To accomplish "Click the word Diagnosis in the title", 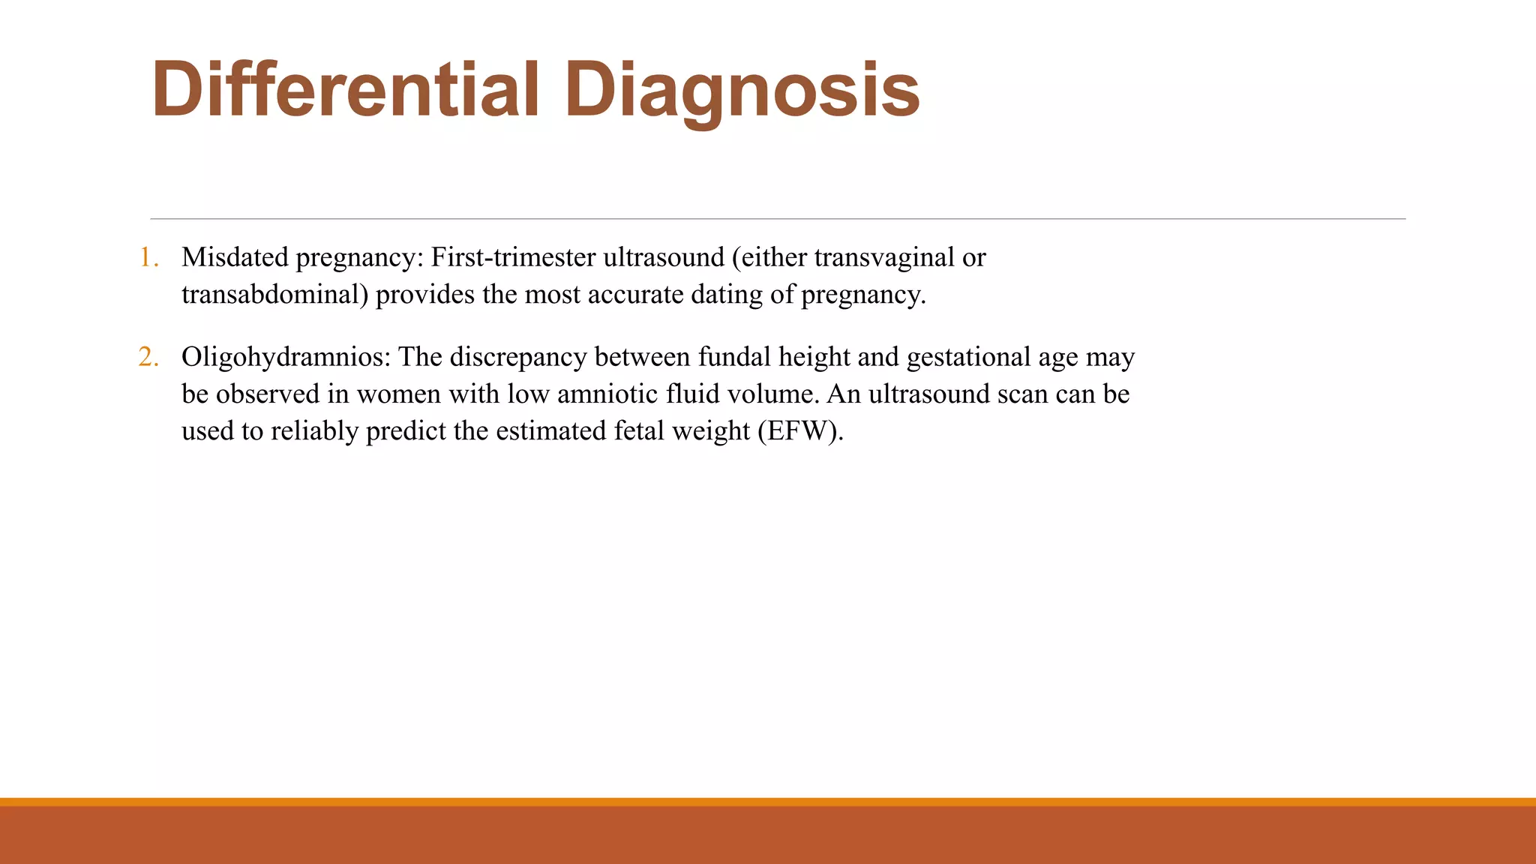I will pos(742,90).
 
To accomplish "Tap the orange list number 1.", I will pos(148,258).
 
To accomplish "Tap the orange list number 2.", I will pos(148,357).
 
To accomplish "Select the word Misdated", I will pos(235,257).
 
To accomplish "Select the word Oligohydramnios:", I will pos(286,357).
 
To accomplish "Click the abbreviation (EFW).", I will pos(800,431).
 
